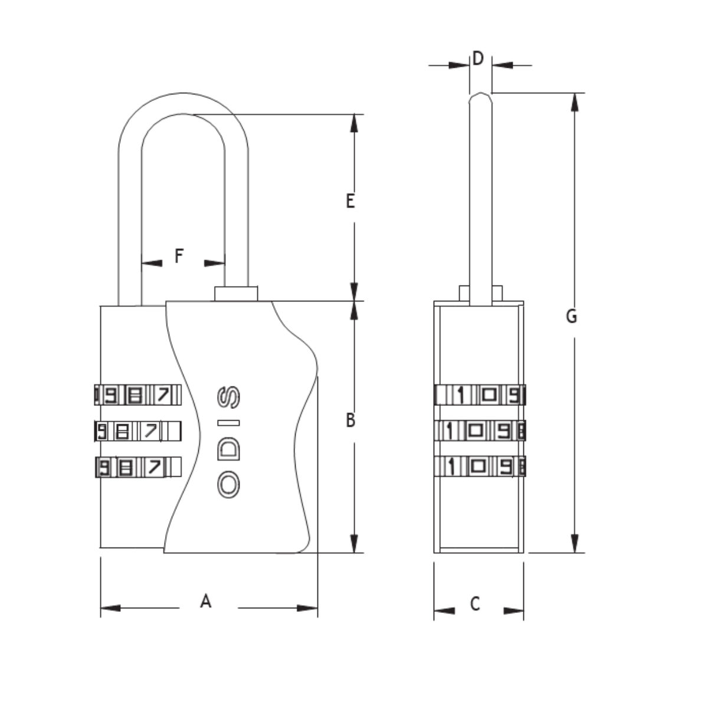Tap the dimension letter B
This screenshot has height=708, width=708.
(x=350, y=420)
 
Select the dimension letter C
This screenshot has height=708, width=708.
(x=475, y=614)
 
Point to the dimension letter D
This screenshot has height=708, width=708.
(x=478, y=58)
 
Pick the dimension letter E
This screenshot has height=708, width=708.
(x=350, y=201)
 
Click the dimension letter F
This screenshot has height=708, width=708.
(x=179, y=256)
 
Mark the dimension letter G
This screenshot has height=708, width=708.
(x=571, y=316)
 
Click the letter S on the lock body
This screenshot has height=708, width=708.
(x=228, y=397)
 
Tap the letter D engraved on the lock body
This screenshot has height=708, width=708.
(x=228, y=448)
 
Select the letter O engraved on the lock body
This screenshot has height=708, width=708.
(x=228, y=486)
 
